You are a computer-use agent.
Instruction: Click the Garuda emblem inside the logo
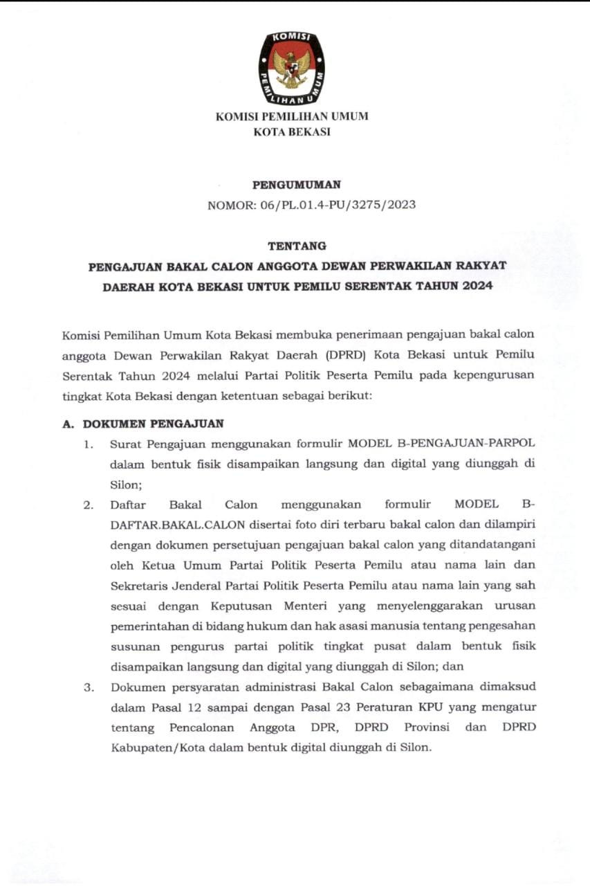[x=291, y=68]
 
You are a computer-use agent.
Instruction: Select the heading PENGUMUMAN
[x=296, y=185]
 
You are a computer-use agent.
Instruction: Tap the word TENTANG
[x=296, y=246]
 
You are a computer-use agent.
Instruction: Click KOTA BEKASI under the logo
[x=292, y=132]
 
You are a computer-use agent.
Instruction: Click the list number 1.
[x=89, y=444]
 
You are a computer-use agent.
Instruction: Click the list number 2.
[x=89, y=505]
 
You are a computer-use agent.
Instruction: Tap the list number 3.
[x=89, y=687]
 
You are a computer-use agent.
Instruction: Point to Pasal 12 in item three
[x=156, y=707]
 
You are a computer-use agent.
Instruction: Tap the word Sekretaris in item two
[x=141, y=585]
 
